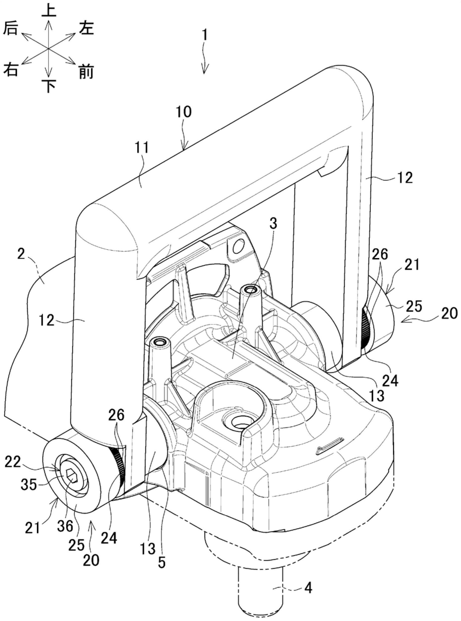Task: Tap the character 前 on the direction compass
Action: pyautogui.click(x=86, y=72)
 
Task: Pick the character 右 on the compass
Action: pyautogui.click(x=11, y=69)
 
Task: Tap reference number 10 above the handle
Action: pyautogui.click(x=184, y=112)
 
